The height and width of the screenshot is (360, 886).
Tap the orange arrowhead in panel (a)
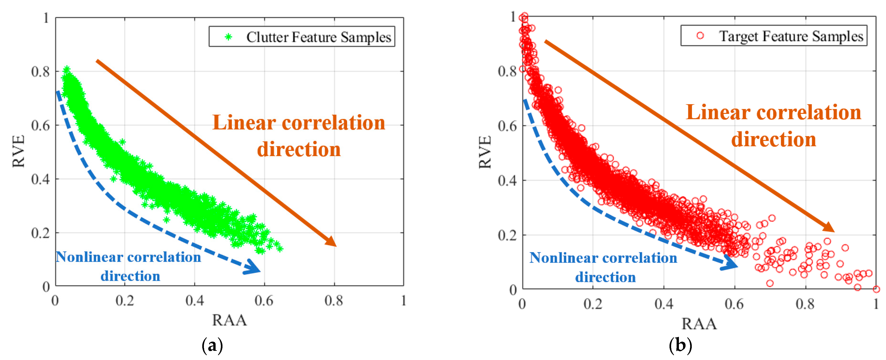331,241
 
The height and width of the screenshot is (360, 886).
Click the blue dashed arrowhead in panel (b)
730,264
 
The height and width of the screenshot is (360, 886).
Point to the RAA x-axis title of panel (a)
229,320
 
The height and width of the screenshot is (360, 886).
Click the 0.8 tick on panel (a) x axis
334,301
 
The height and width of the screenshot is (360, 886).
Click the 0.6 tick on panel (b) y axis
507,126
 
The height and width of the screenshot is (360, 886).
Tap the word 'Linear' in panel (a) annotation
244,123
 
